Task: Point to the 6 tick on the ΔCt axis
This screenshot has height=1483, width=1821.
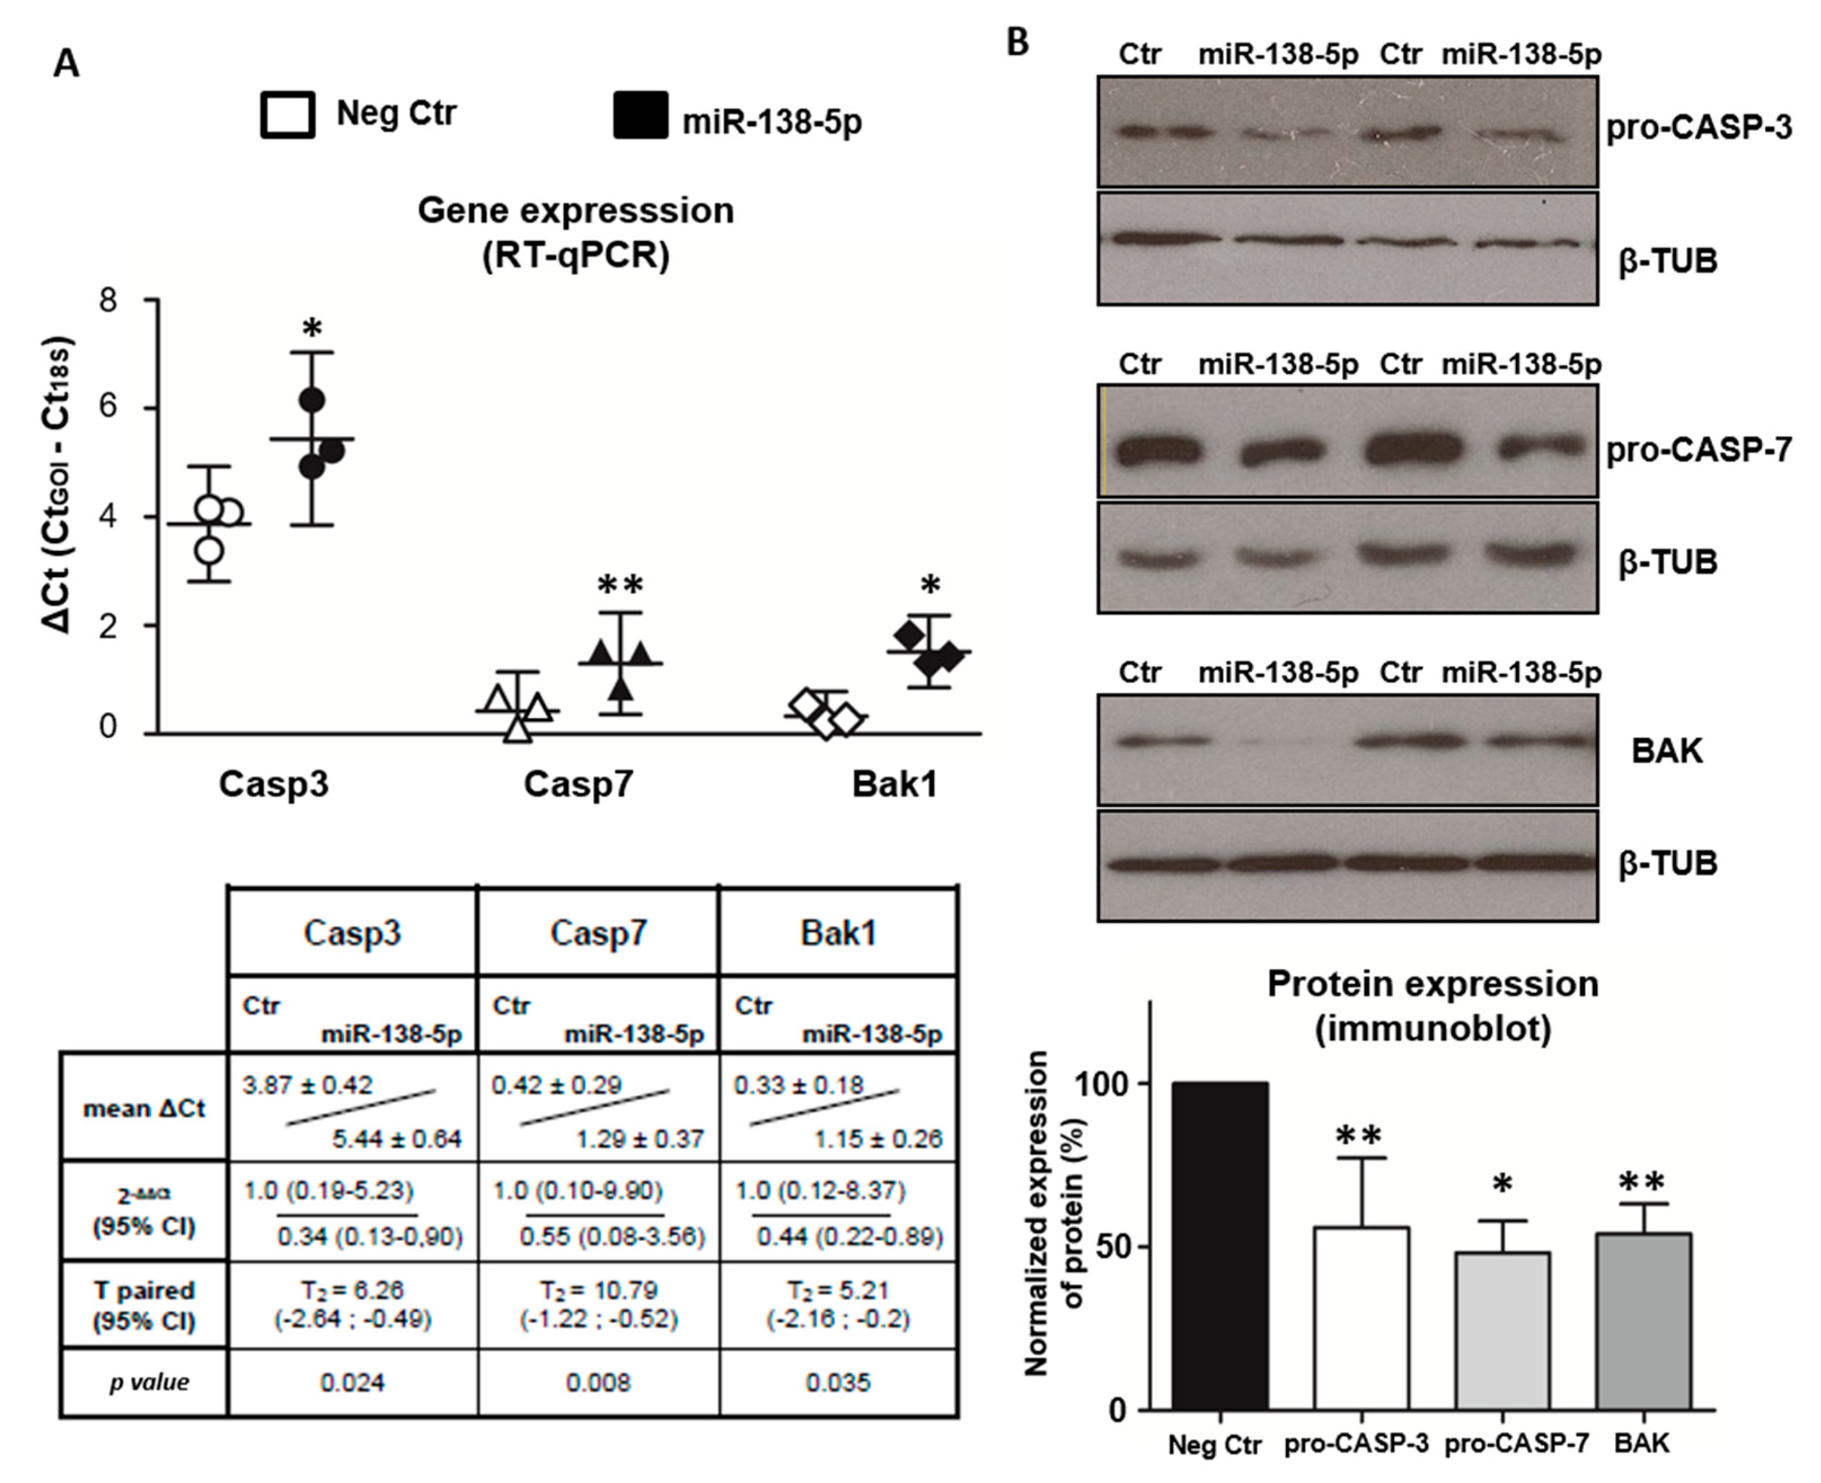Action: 108,407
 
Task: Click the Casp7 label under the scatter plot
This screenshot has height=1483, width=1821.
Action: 578,783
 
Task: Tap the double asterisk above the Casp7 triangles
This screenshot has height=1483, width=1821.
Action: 620,586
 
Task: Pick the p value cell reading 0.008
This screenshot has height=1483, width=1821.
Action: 598,1382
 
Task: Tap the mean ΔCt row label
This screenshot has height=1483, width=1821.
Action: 144,1109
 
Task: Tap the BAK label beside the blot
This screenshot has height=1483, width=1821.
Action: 1667,751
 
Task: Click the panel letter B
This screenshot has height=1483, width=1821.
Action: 1018,42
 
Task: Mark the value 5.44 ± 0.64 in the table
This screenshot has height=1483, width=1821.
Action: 396,1139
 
